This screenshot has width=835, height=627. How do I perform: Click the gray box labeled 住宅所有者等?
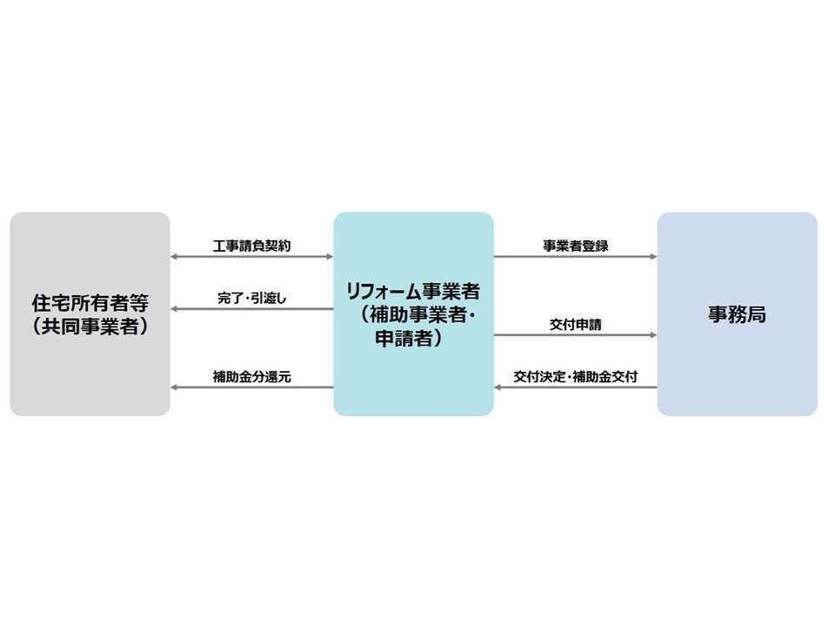(x=90, y=314)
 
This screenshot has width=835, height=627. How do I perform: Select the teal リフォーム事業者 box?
(x=414, y=314)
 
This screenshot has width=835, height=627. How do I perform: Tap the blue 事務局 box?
(x=737, y=314)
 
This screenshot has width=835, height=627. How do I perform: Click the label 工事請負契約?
(x=252, y=246)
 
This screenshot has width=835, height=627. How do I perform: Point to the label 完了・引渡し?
(x=252, y=298)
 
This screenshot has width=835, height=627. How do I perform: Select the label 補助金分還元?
(x=252, y=376)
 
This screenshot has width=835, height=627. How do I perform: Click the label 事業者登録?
(x=576, y=246)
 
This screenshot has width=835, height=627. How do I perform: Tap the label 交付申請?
(x=576, y=324)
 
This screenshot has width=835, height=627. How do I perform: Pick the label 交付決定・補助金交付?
(x=576, y=376)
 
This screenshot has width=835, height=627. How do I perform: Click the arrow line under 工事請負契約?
(x=252, y=256)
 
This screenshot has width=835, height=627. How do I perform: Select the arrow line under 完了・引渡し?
(x=252, y=308)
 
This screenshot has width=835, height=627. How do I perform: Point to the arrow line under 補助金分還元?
(x=252, y=387)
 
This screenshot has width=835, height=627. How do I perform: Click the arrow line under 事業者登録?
(x=576, y=256)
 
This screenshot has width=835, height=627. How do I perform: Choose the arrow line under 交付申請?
(x=576, y=334)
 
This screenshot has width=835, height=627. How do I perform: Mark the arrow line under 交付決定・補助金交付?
(x=576, y=387)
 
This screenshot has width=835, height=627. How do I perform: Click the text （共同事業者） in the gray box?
(x=90, y=327)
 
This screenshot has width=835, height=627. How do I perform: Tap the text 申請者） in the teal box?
(x=409, y=338)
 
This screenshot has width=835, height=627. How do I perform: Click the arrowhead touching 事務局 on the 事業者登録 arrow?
(x=653, y=256)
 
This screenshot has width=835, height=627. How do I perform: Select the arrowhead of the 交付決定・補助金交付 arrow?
(x=498, y=387)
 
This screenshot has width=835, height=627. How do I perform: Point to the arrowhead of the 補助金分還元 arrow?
(x=174, y=387)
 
